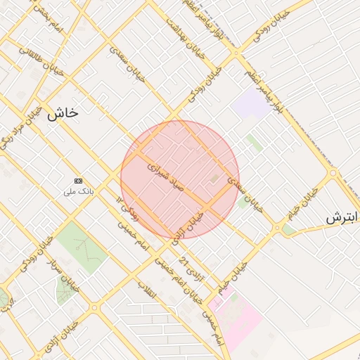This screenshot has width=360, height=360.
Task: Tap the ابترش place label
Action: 342,218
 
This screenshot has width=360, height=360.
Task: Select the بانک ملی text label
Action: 78,191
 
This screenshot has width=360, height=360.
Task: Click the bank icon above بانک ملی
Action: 78,181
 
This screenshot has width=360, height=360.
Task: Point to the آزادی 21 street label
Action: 192,270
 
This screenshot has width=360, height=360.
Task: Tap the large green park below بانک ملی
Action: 81,245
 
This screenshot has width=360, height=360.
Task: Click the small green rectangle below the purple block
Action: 254,143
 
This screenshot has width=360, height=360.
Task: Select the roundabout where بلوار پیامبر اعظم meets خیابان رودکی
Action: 237,52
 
